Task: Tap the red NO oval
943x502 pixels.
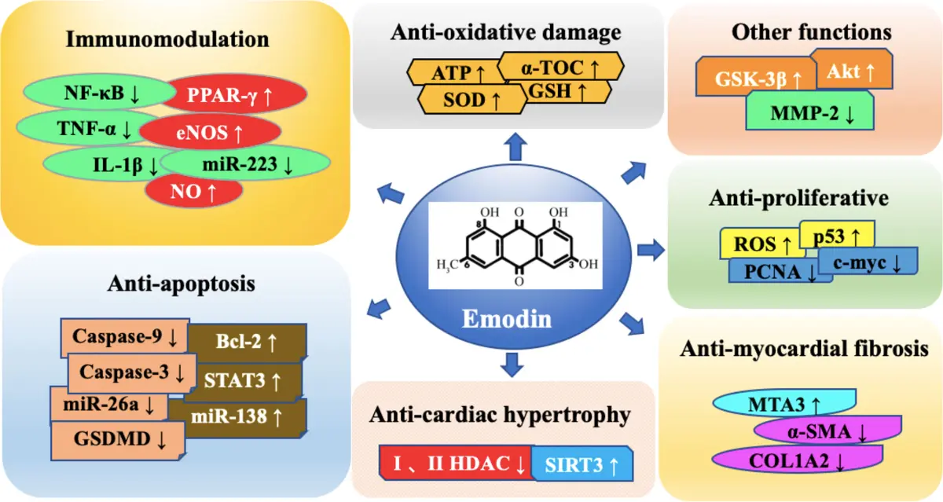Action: point(193,189)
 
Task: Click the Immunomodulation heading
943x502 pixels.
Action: point(167,38)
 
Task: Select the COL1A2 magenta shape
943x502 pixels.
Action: point(786,460)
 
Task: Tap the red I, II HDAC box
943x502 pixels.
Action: point(456,464)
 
